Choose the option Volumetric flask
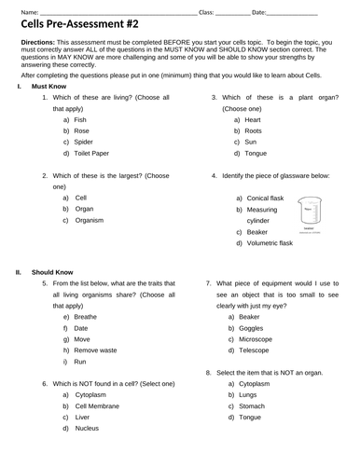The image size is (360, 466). [x=270, y=243]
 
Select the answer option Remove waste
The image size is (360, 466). [x=96, y=349]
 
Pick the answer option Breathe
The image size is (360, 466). [x=86, y=316]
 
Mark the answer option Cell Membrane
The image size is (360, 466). [x=99, y=405]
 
